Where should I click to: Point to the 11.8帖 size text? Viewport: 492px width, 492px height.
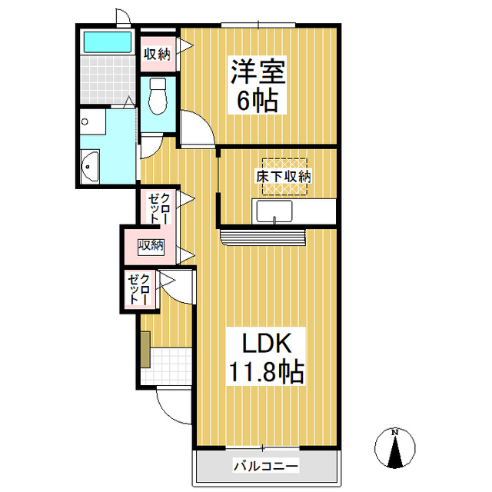pos(265,373)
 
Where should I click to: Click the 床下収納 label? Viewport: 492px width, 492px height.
pos(284,177)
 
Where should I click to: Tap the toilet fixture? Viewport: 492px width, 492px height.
pos(159,95)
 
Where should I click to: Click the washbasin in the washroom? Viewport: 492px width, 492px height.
pos(89,165)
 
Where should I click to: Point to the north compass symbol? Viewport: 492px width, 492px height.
pos(395,448)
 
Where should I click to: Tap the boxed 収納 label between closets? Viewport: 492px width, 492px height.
pos(151,246)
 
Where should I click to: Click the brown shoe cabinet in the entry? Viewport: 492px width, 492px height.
pos(144,349)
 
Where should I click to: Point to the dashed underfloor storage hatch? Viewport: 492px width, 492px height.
pos(285,176)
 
